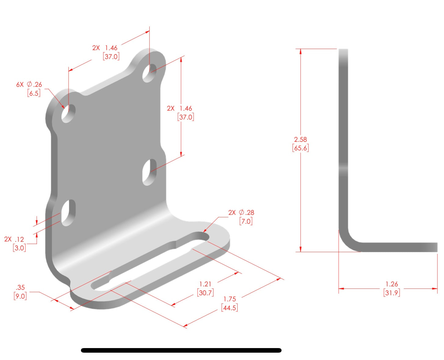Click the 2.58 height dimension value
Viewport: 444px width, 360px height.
tap(300, 139)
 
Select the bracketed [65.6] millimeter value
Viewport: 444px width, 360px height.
tap(300, 148)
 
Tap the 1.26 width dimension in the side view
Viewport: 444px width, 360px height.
tap(391, 284)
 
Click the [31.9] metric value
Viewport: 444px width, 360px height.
tap(391, 293)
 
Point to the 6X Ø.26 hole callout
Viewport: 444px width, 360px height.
tap(29, 84)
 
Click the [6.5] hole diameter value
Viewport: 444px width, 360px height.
tap(34, 93)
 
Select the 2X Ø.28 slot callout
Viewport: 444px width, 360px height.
tap(241, 212)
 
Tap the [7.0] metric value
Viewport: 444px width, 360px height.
tap(246, 221)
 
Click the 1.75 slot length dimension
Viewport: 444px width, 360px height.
tap(230, 299)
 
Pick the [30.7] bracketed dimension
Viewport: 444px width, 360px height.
tap(205, 293)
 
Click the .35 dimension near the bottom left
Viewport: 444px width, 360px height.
tap(20, 287)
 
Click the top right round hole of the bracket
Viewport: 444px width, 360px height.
tap(149, 73)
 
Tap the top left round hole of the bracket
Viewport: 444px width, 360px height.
tap(68, 113)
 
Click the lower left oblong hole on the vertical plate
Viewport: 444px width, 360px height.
tap(68, 213)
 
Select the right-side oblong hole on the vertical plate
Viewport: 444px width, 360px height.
tap(149, 172)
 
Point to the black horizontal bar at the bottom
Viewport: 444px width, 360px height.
tap(181, 350)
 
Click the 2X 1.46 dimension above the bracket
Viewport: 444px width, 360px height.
tap(105, 48)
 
